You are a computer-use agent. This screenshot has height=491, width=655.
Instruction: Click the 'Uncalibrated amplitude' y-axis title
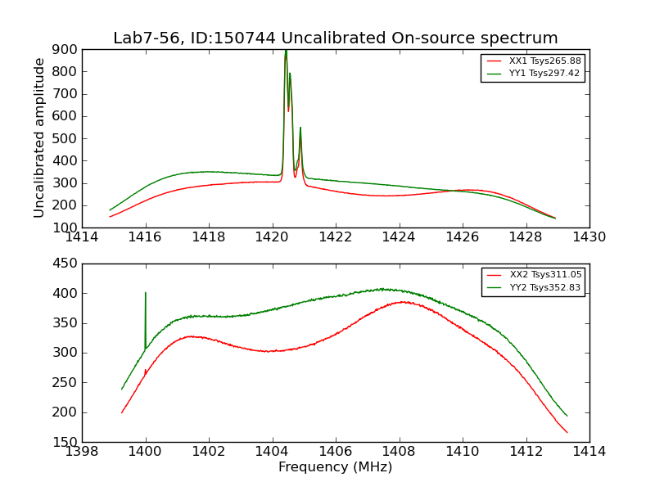coord(39,137)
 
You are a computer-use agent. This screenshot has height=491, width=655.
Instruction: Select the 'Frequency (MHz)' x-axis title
coord(335,467)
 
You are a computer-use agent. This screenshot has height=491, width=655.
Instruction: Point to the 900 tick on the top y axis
coord(67,49)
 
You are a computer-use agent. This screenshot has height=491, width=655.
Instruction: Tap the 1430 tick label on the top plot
coord(589,237)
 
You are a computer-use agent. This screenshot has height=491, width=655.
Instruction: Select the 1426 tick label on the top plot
coord(462,237)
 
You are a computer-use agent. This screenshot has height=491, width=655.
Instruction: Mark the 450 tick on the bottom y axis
coord(67,264)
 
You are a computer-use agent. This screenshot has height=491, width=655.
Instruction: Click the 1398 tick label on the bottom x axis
coord(82,452)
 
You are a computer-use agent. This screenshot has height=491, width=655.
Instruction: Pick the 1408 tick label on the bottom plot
coord(399,452)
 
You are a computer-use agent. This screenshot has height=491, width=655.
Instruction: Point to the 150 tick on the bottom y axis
coord(67,442)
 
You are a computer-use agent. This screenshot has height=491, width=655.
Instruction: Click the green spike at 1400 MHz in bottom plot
coord(146,295)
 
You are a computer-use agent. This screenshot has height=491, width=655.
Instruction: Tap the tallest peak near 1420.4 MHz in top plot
coord(286,52)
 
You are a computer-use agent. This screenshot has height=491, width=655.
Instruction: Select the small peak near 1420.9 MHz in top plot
coord(300,128)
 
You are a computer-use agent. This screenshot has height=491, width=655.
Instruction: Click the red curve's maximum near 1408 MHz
coord(402,302)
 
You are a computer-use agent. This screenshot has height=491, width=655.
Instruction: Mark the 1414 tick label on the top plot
coord(82,237)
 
